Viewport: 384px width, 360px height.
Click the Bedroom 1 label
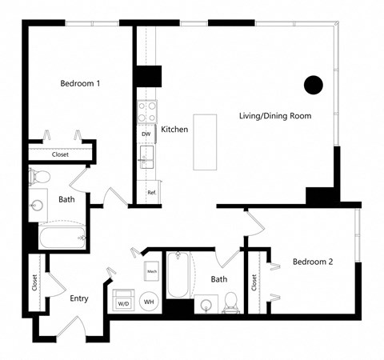click(x=80, y=82)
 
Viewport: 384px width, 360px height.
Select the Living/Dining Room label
click(x=275, y=116)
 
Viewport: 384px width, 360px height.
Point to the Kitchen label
click(x=174, y=129)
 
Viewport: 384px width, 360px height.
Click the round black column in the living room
click(x=313, y=84)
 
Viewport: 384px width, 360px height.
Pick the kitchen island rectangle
click(x=205, y=141)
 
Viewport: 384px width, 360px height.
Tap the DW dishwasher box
click(x=146, y=134)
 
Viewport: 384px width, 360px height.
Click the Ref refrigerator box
click(x=150, y=192)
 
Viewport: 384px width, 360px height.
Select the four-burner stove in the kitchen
click(x=146, y=111)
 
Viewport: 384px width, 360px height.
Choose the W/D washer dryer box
click(x=124, y=303)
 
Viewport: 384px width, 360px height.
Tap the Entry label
click(x=78, y=299)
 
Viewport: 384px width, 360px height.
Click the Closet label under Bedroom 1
click(x=60, y=154)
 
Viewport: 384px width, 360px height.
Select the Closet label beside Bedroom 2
click(x=254, y=282)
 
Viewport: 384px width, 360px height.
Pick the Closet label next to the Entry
click(x=34, y=282)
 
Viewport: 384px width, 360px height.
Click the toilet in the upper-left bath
click(x=39, y=176)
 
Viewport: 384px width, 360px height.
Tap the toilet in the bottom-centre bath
click(x=230, y=302)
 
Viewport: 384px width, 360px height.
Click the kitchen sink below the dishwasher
click(x=146, y=159)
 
